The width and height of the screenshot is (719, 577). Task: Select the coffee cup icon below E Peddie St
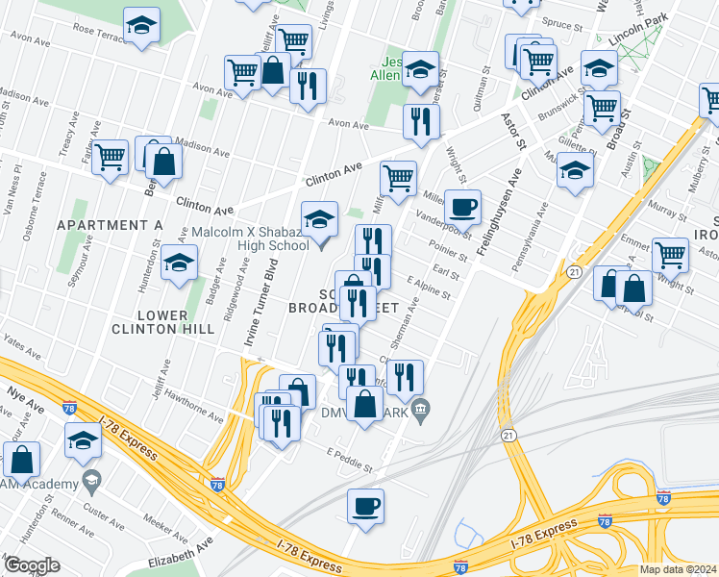pyautogui.click(x=364, y=505)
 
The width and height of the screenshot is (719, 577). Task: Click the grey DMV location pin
pyautogui.click(x=420, y=412)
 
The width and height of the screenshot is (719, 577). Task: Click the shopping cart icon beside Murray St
pyautogui.click(x=670, y=255)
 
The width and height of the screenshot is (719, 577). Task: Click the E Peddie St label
pyautogui.click(x=349, y=460)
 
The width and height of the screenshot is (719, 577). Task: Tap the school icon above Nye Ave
pyautogui.click(x=84, y=440)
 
